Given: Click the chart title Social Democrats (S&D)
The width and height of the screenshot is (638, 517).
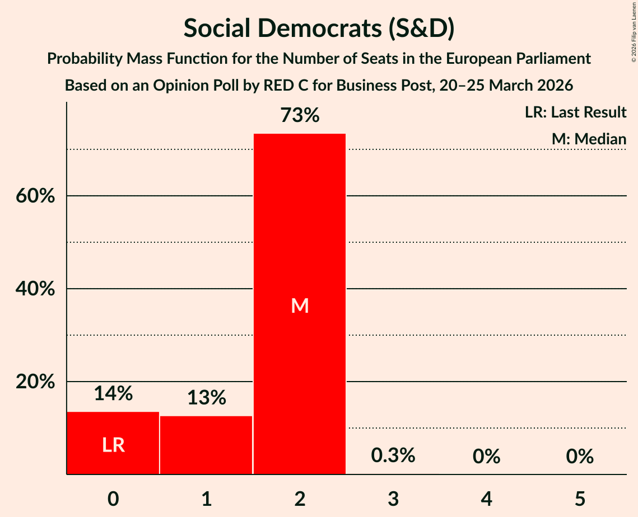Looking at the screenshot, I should point(319,29).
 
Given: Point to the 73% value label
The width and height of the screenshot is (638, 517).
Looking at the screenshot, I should point(300,116).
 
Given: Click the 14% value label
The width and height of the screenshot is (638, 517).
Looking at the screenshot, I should point(113,394).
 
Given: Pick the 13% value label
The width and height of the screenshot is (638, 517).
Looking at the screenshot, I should point(206,398).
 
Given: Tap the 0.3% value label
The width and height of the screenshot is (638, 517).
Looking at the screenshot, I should point(393,455).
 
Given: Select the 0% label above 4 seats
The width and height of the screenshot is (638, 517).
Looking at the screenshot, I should point(486,457).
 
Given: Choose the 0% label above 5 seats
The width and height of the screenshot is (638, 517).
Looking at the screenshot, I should point(580,457).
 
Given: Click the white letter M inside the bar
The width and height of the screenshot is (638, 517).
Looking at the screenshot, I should point(300,305).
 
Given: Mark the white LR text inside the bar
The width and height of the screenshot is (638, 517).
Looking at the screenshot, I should point(113,445).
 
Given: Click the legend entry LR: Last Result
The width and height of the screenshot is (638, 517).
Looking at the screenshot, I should point(575,112).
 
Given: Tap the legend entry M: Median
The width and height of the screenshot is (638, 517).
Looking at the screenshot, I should point(589,139).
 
